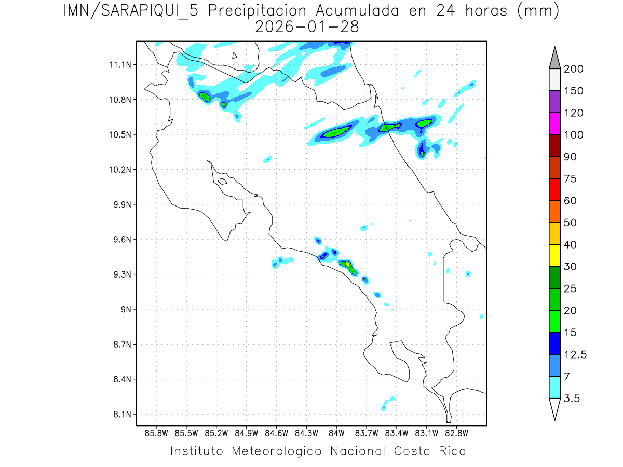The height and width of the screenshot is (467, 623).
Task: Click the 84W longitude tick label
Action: pos(336,432)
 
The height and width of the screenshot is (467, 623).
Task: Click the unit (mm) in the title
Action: pos(538,11)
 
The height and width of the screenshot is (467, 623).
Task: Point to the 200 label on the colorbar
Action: pos(573,69)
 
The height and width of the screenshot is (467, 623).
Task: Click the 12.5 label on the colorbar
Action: pos(576,354)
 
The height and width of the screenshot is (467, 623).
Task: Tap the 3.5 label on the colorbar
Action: pos(573,399)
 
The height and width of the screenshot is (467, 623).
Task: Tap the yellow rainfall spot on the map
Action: pos(347,264)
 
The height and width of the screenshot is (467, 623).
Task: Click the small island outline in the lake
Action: pos(235,56)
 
